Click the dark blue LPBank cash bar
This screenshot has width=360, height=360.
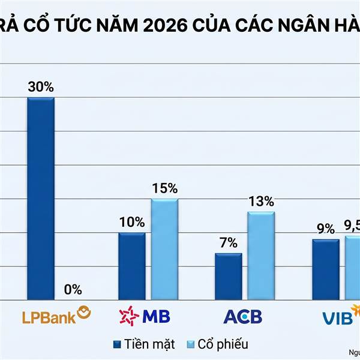[x=41, y=198]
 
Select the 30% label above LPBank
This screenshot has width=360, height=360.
[x=41, y=86]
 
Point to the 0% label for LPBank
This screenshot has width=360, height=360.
[x=73, y=290]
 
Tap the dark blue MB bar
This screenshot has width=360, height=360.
[x=131, y=266]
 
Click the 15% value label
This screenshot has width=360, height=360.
[x=164, y=188]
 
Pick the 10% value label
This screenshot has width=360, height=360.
[x=131, y=222]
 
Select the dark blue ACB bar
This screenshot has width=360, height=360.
[x=229, y=276]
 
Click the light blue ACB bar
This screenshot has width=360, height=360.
[x=261, y=256]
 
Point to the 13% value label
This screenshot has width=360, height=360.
[x=261, y=202]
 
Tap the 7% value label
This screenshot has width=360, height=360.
[x=229, y=243]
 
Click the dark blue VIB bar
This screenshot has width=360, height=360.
[x=326, y=269]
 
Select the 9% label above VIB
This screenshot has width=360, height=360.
[x=326, y=229]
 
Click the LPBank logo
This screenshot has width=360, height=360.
[x=56, y=316]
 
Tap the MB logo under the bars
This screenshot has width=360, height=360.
[x=147, y=316]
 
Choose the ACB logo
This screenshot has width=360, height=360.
[x=243, y=316]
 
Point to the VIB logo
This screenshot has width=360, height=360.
[x=339, y=316]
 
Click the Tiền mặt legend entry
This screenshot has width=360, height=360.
[x=145, y=344]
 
